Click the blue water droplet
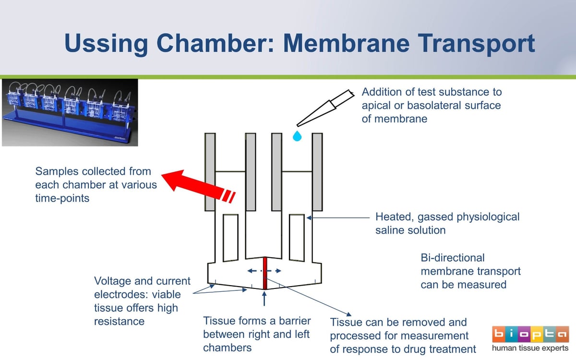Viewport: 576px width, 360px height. (298, 137)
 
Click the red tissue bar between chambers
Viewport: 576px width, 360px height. (264, 274)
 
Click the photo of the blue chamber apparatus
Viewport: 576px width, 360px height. (70, 112)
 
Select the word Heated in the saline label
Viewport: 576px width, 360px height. (395, 217)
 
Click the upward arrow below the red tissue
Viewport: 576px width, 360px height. (264, 299)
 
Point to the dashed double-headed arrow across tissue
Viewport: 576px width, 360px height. (264, 271)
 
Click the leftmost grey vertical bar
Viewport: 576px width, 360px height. (210, 172)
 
